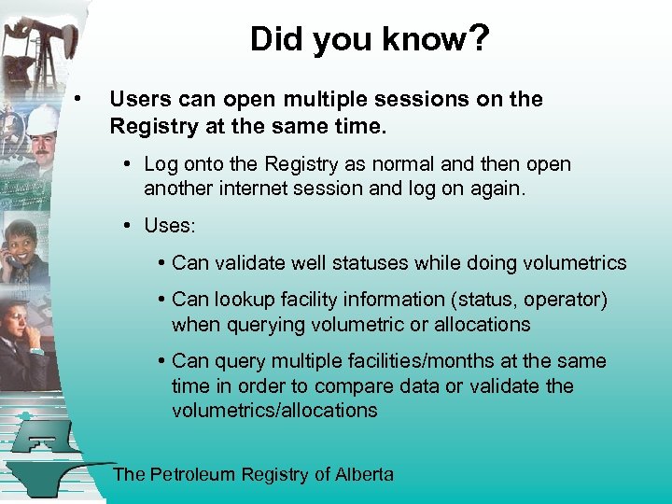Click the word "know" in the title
coord(419,40)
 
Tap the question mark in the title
coord(476,40)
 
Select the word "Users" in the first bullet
coord(140,100)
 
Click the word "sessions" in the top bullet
coord(419,100)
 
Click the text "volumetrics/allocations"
coord(274,411)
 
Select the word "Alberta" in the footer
coord(364,474)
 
